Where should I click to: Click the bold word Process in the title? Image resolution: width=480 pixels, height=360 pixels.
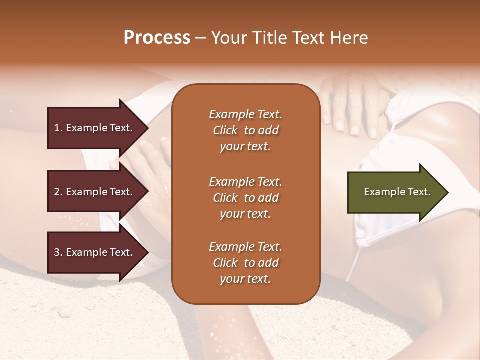pos(157,38)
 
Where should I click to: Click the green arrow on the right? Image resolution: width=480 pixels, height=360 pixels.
pos(395,192)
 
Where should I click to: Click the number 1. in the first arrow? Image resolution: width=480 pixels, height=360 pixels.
pos(58,128)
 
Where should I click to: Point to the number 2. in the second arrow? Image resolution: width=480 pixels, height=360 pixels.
pos(58,192)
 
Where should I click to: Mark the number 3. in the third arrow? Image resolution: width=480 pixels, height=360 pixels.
pos(58,252)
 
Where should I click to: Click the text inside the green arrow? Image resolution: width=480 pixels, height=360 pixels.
pos(397,192)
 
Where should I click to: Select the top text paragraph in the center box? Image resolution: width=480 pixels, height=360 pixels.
pos(245,130)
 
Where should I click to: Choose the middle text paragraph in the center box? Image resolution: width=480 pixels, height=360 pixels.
pos(245,198)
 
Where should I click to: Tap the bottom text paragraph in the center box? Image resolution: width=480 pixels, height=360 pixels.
pos(245,263)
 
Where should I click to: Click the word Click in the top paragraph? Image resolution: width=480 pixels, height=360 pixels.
pos(225,130)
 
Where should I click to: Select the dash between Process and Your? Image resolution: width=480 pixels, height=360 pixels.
pos(200,38)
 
